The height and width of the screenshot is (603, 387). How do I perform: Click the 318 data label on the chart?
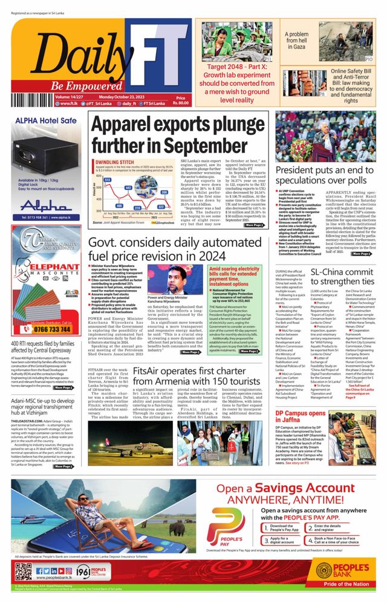[x=137, y=207]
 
